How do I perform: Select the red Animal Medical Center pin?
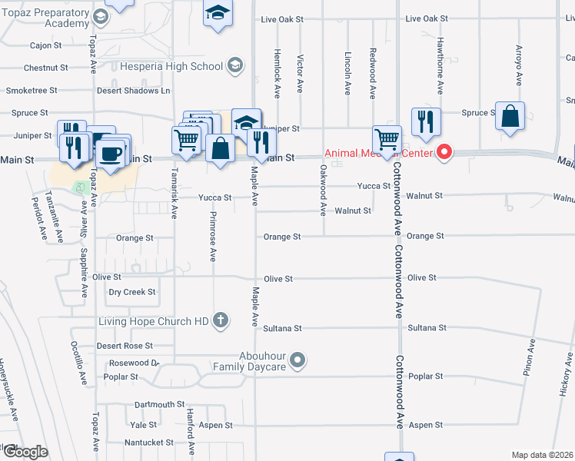click(444, 153)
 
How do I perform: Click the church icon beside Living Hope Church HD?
click(221, 320)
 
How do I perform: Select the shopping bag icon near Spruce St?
click(510, 118)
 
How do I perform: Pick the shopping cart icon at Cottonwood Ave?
click(386, 141)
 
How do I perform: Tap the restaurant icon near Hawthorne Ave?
click(425, 121)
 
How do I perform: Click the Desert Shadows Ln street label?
click(133, 90)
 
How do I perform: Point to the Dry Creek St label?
click(131, 292)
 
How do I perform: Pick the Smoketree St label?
click(32, 90)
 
